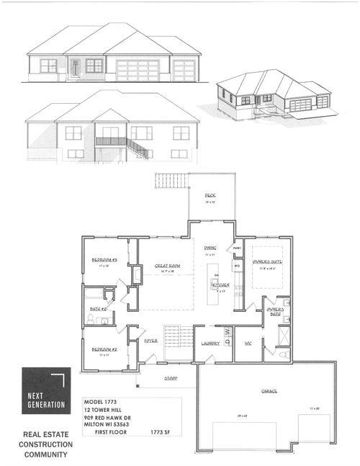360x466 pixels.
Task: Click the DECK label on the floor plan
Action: [x=210, y=195]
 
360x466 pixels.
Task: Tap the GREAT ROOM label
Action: [x=167, y=266]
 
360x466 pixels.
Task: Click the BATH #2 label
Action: [x=99, y=309]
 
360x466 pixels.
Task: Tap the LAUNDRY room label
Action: [x=210, y=344]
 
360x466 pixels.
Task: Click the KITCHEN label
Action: [x=220, y=285]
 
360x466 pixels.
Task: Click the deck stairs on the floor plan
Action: [x=170, y=180]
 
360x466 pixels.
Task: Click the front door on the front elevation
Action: [x=74, y=68]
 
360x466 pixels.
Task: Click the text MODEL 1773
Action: [x=99, y=401]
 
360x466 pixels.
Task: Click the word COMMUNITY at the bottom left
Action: [x=45, y=455]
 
